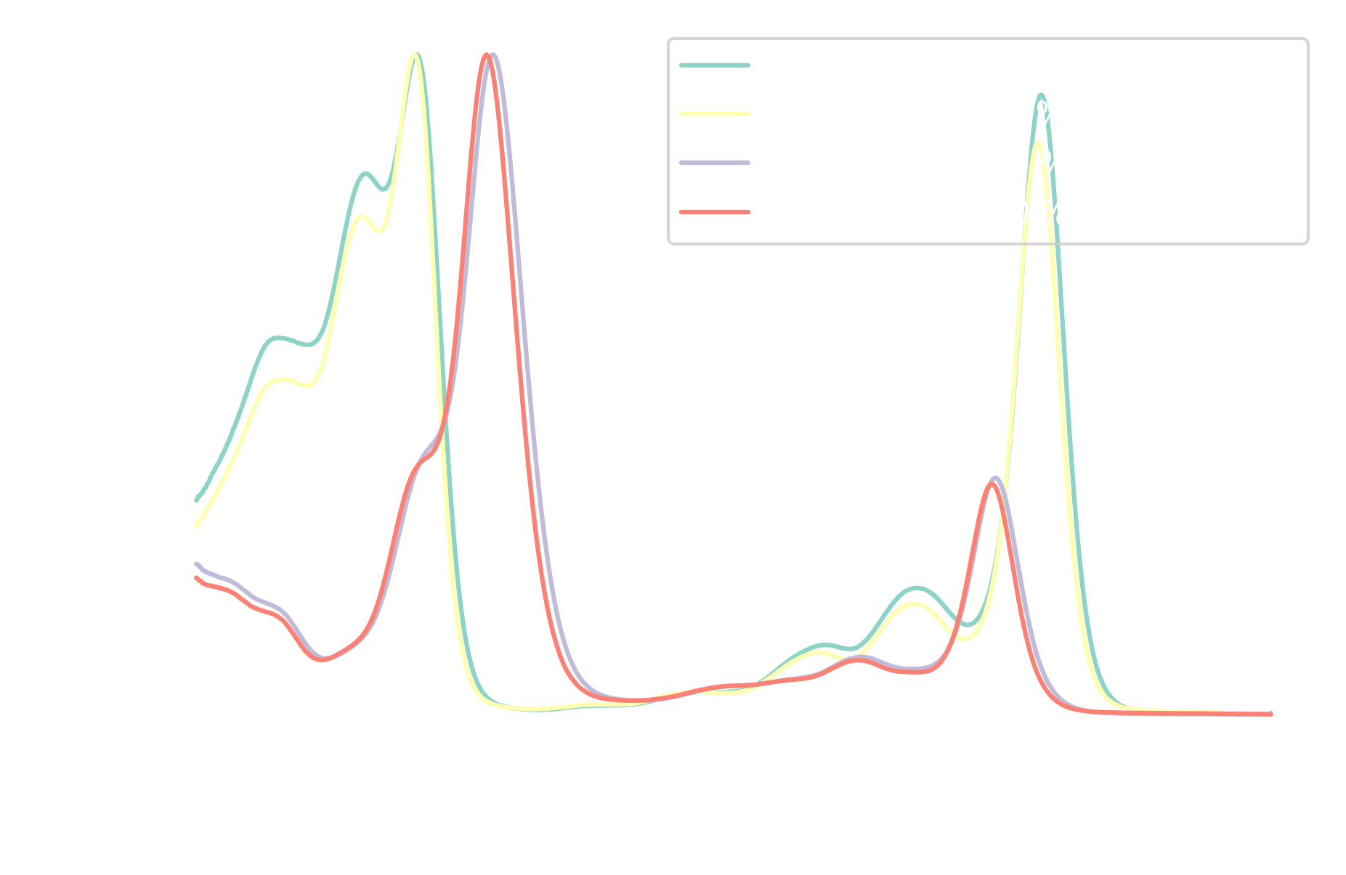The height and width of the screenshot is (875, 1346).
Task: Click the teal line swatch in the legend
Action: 715,65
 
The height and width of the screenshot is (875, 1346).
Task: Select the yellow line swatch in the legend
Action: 715,114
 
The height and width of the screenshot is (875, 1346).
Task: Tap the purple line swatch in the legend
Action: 715,163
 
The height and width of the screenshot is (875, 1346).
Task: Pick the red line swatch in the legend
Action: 715,212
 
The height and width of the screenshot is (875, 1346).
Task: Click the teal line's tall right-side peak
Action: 1041,95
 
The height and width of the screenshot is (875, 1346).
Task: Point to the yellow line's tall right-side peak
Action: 1038,144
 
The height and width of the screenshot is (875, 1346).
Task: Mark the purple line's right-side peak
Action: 996,479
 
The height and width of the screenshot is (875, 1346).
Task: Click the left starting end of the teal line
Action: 197,500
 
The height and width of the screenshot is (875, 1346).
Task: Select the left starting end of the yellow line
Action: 197,524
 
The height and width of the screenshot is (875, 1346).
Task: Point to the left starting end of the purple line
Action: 197,564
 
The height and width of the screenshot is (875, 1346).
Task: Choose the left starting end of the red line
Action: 197,578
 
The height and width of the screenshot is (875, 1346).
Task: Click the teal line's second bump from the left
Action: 365,174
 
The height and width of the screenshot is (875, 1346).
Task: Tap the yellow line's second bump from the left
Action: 362,217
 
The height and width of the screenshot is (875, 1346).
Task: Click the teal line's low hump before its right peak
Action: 917,587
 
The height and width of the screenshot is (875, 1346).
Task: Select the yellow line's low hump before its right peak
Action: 914,603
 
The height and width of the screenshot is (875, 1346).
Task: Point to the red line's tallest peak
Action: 487,56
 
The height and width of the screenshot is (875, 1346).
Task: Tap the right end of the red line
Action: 1270,714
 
